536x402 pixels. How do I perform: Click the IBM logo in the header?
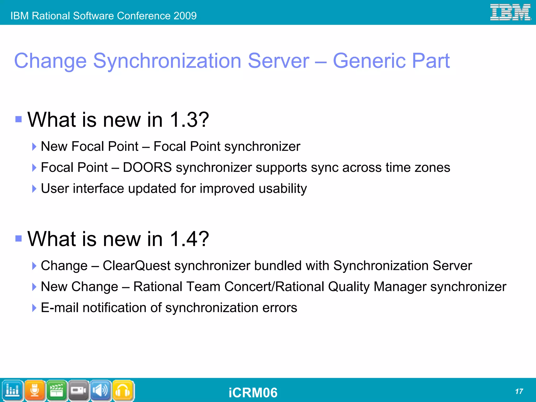click(x=510, y=12)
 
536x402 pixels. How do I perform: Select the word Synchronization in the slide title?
click(x=167, y=61)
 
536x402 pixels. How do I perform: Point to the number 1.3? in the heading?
click(x=189, y=120)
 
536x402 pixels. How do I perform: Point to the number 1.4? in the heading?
click(x=189, y=239)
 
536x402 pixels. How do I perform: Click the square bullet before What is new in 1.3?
click(x=18, y=119)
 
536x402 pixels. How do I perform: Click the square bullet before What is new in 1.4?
click(x=18, y=238)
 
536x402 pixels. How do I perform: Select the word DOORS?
click(x=147, y=167)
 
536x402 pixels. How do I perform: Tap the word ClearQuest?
click(x=136, y=266)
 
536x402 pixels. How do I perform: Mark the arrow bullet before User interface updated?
click(x=34, y=189)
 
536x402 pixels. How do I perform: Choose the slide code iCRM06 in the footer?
click(x=253, y=393)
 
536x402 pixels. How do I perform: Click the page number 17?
click(x=519, y=392)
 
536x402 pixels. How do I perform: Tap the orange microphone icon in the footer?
click(x=35, y=390)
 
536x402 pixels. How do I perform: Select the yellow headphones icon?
click(x=123, y=390)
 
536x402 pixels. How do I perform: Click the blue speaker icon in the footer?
click(x=101, y=390)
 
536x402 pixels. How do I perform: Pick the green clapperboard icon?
click(x=57, y=390)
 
